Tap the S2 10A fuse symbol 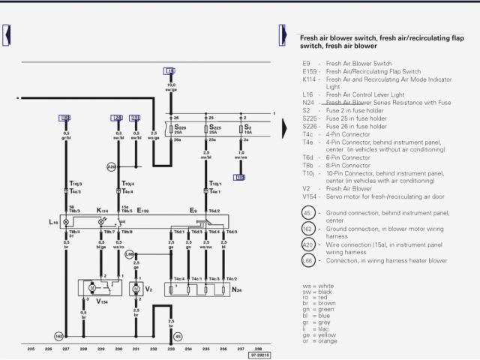[x=241, y=129]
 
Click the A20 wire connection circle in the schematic [x=111, y=167]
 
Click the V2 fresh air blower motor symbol [x=136, y=288]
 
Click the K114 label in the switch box [x=101, y=211]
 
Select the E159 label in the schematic [x=142, y=211]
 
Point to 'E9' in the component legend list [x=306, y=63]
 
